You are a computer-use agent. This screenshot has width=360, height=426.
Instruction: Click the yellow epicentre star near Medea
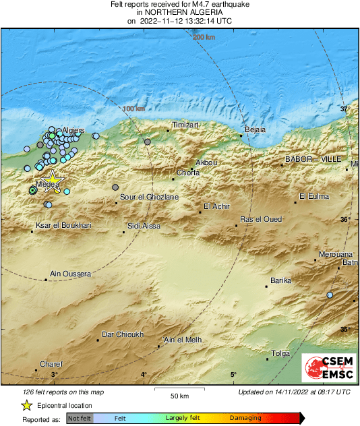52,181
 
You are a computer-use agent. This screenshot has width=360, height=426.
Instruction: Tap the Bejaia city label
256,129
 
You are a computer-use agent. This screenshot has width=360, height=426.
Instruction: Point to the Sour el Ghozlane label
149,197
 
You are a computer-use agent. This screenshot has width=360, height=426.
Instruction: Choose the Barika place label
280,280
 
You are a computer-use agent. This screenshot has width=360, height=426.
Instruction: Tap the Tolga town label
280,353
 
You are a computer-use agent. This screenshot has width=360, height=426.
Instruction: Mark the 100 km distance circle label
133,109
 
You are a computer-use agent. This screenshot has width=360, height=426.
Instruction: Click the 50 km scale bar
179,391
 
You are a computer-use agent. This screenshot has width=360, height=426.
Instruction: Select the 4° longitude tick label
144,375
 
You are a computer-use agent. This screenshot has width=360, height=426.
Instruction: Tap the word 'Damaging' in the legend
245,419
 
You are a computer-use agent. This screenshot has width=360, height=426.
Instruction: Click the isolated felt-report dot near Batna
330,295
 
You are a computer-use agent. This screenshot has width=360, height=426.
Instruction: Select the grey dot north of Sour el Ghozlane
116,187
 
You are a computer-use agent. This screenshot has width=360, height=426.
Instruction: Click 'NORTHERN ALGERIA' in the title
179,12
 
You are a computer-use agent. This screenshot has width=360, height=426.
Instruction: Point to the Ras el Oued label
261,219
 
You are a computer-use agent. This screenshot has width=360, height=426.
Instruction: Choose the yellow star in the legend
26,405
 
